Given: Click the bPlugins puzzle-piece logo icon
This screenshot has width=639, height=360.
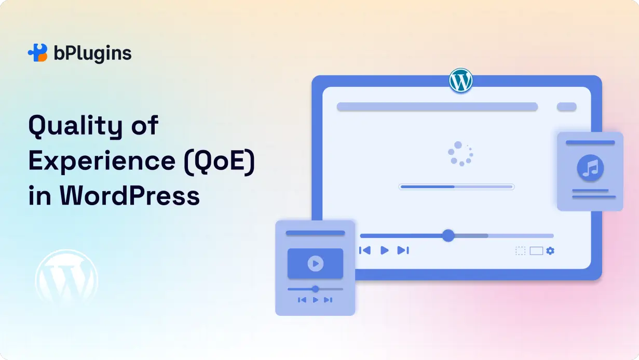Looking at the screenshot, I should click(37, 53).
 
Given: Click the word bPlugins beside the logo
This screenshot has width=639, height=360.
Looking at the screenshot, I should click(92, 53).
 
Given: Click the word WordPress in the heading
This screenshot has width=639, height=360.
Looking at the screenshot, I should click(129, 196).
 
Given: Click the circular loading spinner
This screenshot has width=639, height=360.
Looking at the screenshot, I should click(460, 154).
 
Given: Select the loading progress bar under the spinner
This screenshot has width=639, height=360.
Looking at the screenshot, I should click(456, 186).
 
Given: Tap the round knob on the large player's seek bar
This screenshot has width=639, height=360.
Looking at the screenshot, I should click(448, 235).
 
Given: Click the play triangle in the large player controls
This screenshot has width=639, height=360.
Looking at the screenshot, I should click(384, 250).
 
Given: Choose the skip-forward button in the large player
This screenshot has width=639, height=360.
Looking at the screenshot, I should click(403, 250).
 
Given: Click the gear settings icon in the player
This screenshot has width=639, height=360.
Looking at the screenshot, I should click(550, 251).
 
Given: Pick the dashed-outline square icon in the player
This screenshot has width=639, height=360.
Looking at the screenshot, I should click(520, 251).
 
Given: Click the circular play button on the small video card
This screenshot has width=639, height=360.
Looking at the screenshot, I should click(315, 264).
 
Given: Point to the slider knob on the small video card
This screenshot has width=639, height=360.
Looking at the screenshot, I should click(315, 289).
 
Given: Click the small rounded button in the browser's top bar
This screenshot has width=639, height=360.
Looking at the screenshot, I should click(566, 106).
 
